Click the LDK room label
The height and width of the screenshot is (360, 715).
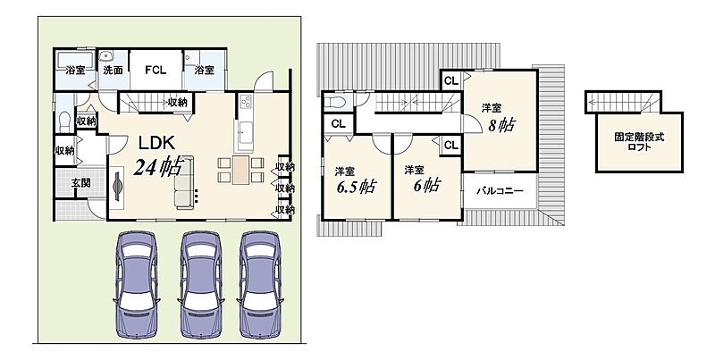[x=156, y=143]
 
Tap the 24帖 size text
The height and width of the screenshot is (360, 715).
[x=158, y=167]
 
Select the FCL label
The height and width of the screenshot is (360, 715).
[x=156, y=71]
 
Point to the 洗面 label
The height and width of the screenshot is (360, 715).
[x=113, y=71]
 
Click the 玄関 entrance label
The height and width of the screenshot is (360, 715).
[x=80, y=183]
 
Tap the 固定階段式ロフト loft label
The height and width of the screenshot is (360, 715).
[x=639, y=142]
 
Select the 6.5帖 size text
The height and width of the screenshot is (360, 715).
[x=356, y=187]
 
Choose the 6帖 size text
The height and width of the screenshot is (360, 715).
[x=427, y=186]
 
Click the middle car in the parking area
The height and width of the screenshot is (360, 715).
[x=201, y=284]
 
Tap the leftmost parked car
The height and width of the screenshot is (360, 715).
[x=137, y=284]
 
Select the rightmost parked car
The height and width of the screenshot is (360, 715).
[x=260, y=284]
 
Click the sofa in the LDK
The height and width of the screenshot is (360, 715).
[x=185, y=182]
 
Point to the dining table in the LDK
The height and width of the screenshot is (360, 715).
[x=240, y=170]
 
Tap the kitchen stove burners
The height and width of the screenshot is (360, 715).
[x=245, y=102]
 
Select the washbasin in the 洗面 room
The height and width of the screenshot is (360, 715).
[x=106, y=56]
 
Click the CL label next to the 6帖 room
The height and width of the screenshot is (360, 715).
[x=451, y=146]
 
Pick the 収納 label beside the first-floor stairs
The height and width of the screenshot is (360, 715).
[x=177, y=103]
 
